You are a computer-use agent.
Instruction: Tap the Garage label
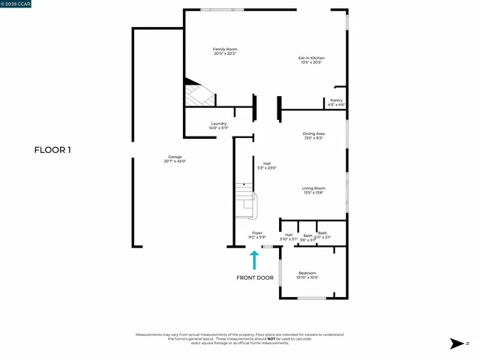(175, 157)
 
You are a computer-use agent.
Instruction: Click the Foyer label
(257, 233)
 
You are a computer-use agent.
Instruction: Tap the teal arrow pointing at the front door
(254, 259)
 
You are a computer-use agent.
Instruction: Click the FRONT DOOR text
(255, 277)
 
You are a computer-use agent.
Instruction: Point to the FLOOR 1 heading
(52, 150)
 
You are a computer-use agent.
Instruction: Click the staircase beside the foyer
(245, 200)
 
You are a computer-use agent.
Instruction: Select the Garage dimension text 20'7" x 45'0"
(175, 161)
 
